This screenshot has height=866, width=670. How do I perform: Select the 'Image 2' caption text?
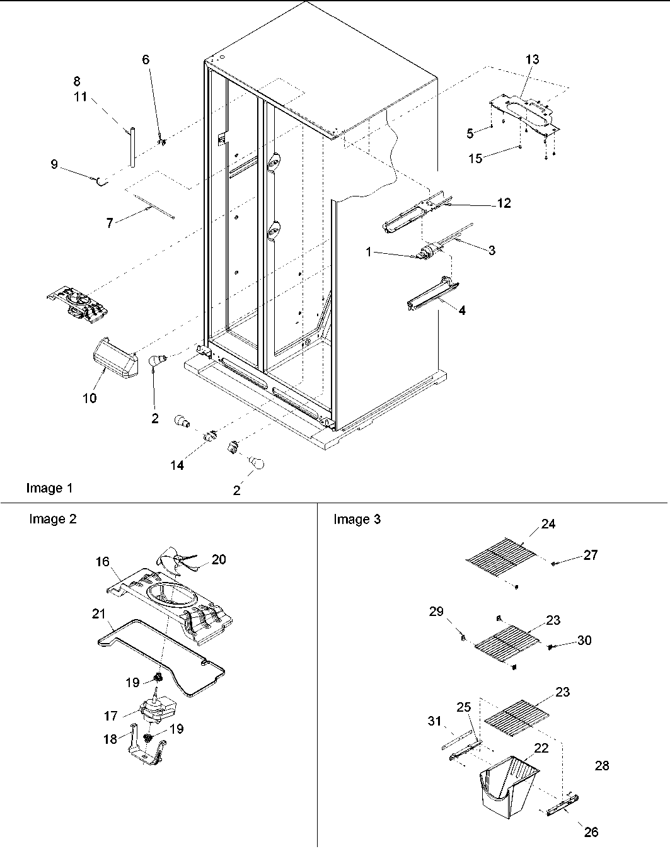click(53, 519)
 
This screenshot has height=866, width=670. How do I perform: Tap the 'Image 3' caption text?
click(357, 519)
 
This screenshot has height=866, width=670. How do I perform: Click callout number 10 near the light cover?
click(90, 398)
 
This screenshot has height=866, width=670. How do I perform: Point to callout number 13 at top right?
click(532, 59)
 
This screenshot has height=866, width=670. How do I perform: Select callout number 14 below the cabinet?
click(178, 465)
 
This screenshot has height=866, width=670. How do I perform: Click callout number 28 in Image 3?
click(602, 765)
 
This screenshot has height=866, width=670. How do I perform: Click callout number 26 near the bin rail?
click(591, 832)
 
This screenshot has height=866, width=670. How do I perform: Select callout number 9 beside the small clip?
click(54, 164)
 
